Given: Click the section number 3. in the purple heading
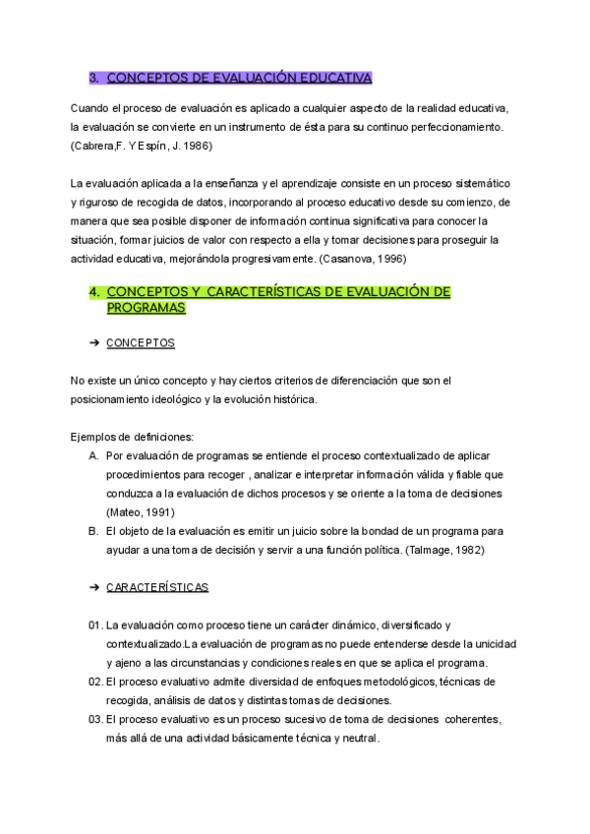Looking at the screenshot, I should tap(94, 78).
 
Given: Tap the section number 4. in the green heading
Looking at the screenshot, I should tap(94, 291).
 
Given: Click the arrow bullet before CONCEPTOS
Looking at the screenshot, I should tap(94, 343).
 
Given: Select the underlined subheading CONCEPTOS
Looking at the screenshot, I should tap(140, 343).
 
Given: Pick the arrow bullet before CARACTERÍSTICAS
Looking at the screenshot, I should tap(94, 587).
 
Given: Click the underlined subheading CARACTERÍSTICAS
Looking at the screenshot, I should tap(156, 587).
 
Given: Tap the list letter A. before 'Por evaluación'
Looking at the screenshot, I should tap(93, 455).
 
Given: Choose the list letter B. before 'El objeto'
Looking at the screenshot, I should tap(93, 531).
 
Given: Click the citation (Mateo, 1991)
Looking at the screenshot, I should tap(143, 511).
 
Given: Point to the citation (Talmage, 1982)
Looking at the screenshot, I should tap(444, 550).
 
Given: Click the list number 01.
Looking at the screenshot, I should tap(94, 625).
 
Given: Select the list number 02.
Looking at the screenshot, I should tap(94, 682).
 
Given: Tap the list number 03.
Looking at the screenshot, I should tap(94, 719).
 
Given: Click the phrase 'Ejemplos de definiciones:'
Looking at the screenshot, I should tap(132, 437).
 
